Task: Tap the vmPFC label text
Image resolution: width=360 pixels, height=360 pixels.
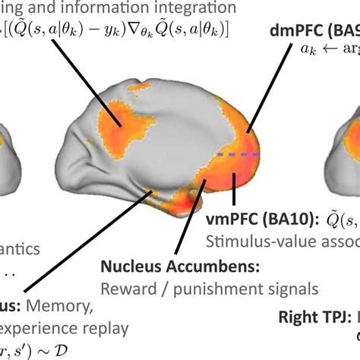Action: point(227,221)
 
